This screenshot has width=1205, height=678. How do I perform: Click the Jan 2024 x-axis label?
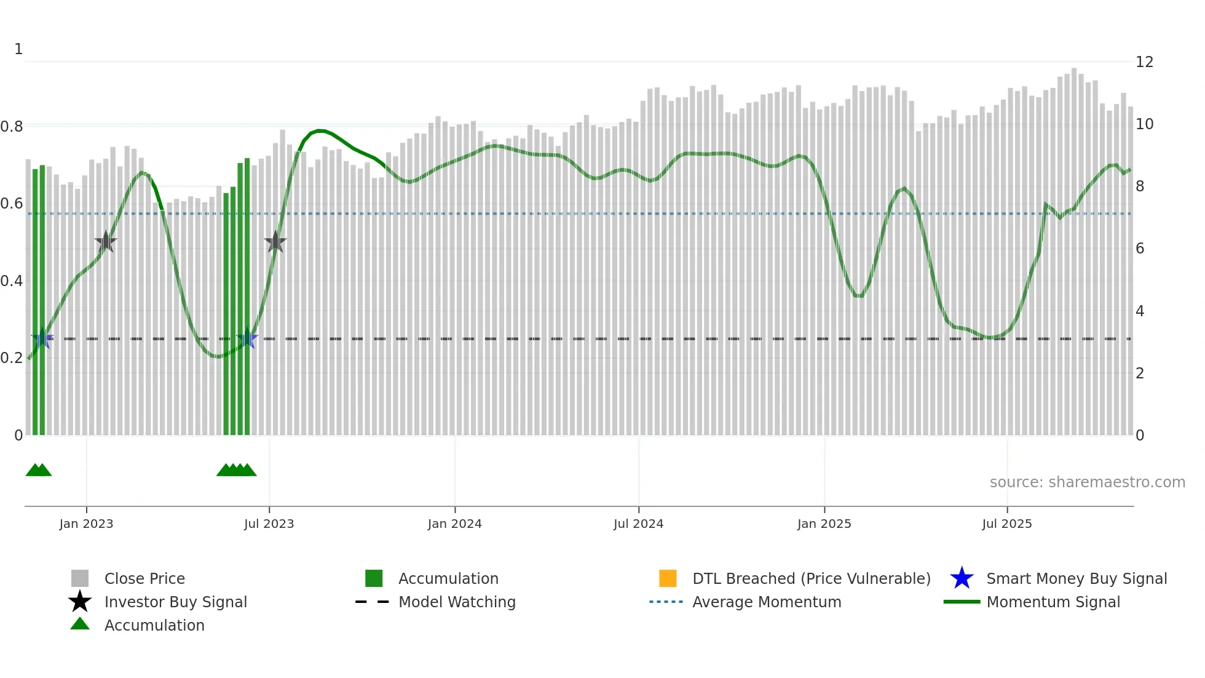click(x=454, y=524)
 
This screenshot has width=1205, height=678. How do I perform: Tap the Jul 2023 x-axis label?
click(x=269, y=524)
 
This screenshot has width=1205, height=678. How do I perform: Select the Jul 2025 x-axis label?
click(x=1006, y=524)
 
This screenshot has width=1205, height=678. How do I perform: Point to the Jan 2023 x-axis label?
click(x=86, y=524)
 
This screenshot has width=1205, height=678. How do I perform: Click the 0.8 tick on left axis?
click(x=12, y=127)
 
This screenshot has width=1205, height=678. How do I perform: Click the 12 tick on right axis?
click(x=1144, y=62)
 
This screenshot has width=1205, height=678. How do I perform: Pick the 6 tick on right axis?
click(x=1139, y=249)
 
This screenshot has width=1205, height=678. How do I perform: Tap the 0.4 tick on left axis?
click(x=12, y=281)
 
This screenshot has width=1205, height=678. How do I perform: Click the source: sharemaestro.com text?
click(x=1087, y=482)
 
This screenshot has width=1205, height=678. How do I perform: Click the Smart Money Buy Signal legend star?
click(x=962, y=578)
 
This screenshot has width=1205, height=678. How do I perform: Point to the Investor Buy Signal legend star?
click(x=80, y=602)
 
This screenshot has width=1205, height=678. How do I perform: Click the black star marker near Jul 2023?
click(x=275, y=242)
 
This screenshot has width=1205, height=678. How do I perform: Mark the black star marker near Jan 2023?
click(x=106, y=242)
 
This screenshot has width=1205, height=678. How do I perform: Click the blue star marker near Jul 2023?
click(x=247, y=338)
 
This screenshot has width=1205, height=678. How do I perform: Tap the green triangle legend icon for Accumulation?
click(x=80, y=624)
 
